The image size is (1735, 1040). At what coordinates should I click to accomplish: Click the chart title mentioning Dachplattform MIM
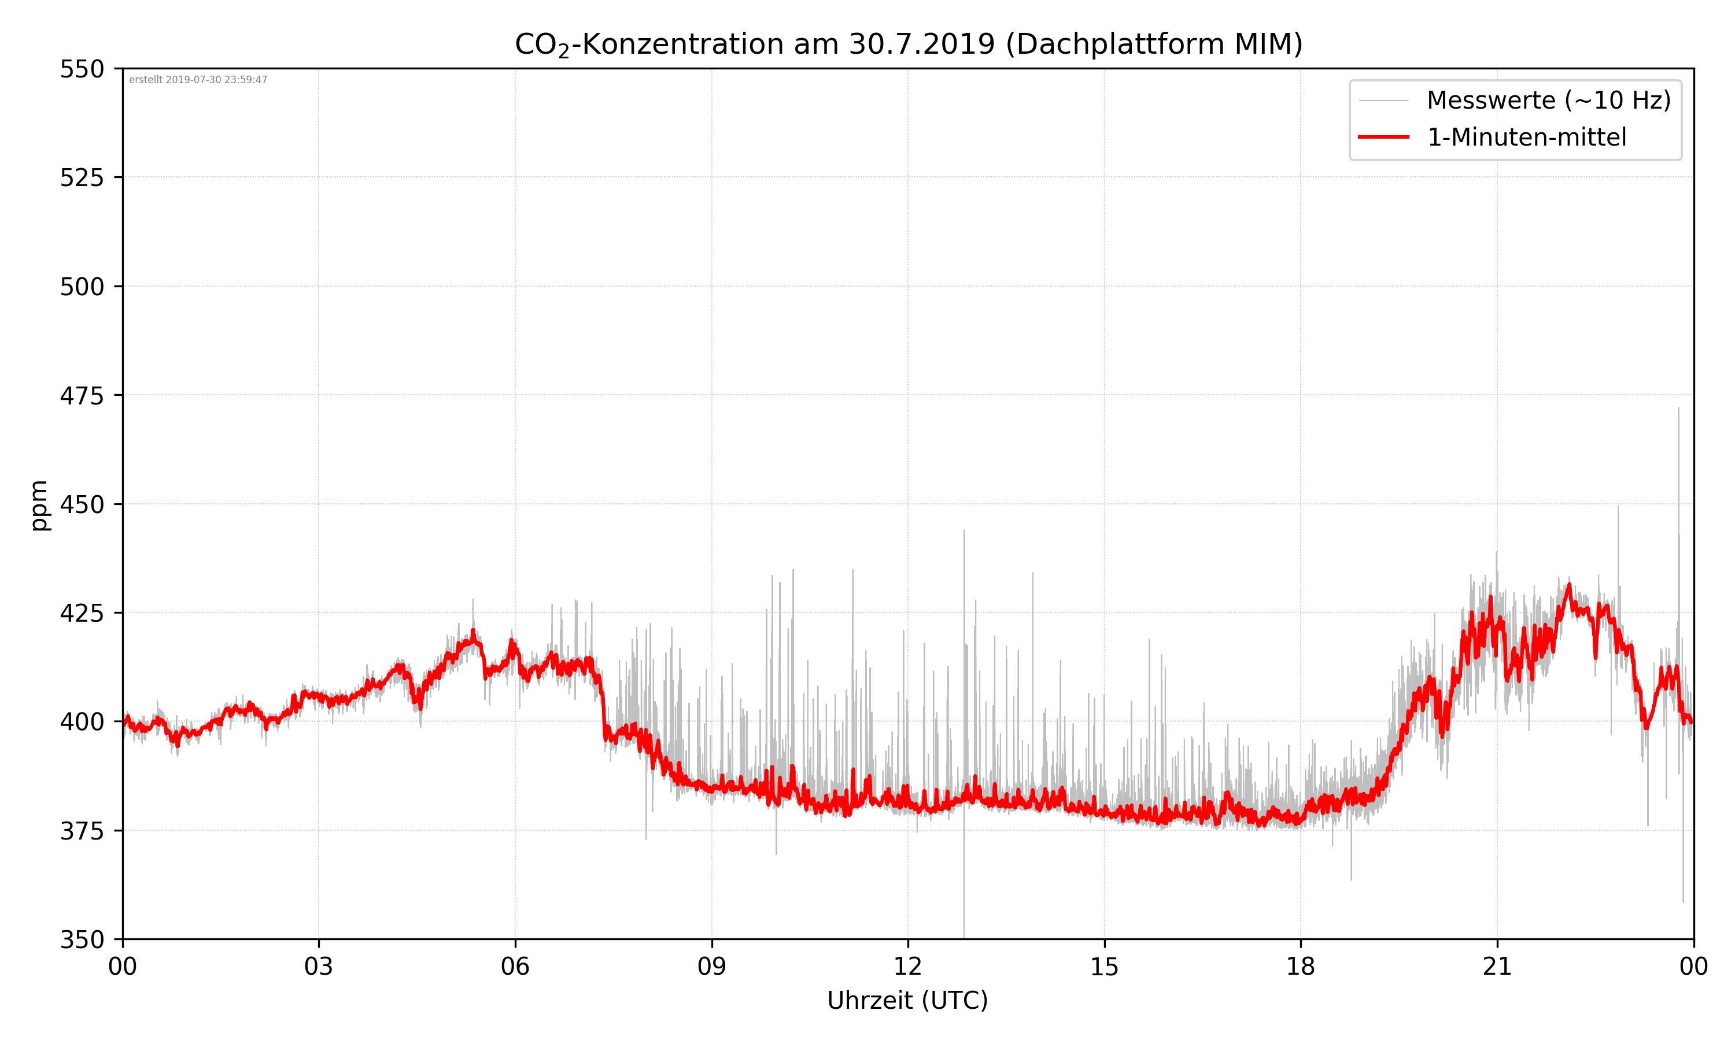point(908,44)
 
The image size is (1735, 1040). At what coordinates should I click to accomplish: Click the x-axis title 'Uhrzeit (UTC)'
point(907,1000)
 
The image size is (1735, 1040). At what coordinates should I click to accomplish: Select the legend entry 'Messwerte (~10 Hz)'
point(1548,100)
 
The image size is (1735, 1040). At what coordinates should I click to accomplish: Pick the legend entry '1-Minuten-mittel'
point(1526,137)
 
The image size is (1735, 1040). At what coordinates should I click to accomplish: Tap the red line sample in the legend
point(1383,137)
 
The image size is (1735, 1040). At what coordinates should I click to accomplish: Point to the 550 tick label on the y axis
point(82,69)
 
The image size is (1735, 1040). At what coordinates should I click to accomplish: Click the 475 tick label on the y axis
point(82,396)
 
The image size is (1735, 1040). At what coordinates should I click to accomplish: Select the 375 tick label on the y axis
point(82,831)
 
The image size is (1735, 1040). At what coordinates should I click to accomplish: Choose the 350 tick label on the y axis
point(82,940)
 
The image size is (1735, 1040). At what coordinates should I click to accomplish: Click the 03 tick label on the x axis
point(319,967)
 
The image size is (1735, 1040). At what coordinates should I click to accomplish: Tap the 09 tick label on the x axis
point(711,967)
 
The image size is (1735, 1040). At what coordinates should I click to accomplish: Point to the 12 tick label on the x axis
point(907,967)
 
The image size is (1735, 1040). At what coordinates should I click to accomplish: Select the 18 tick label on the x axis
point(1300,967)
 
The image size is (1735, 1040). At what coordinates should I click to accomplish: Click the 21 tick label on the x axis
point(1497,967)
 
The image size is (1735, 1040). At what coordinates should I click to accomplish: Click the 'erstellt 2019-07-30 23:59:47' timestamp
point(198,80)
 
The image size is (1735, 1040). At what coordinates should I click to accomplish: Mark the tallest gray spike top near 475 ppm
point(1678,408)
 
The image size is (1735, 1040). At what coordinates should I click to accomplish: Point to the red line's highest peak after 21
point(1570,585)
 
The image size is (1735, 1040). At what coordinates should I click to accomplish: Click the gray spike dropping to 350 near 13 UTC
point(964,935)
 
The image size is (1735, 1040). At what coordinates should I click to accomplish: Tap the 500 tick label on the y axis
point(82,287)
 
